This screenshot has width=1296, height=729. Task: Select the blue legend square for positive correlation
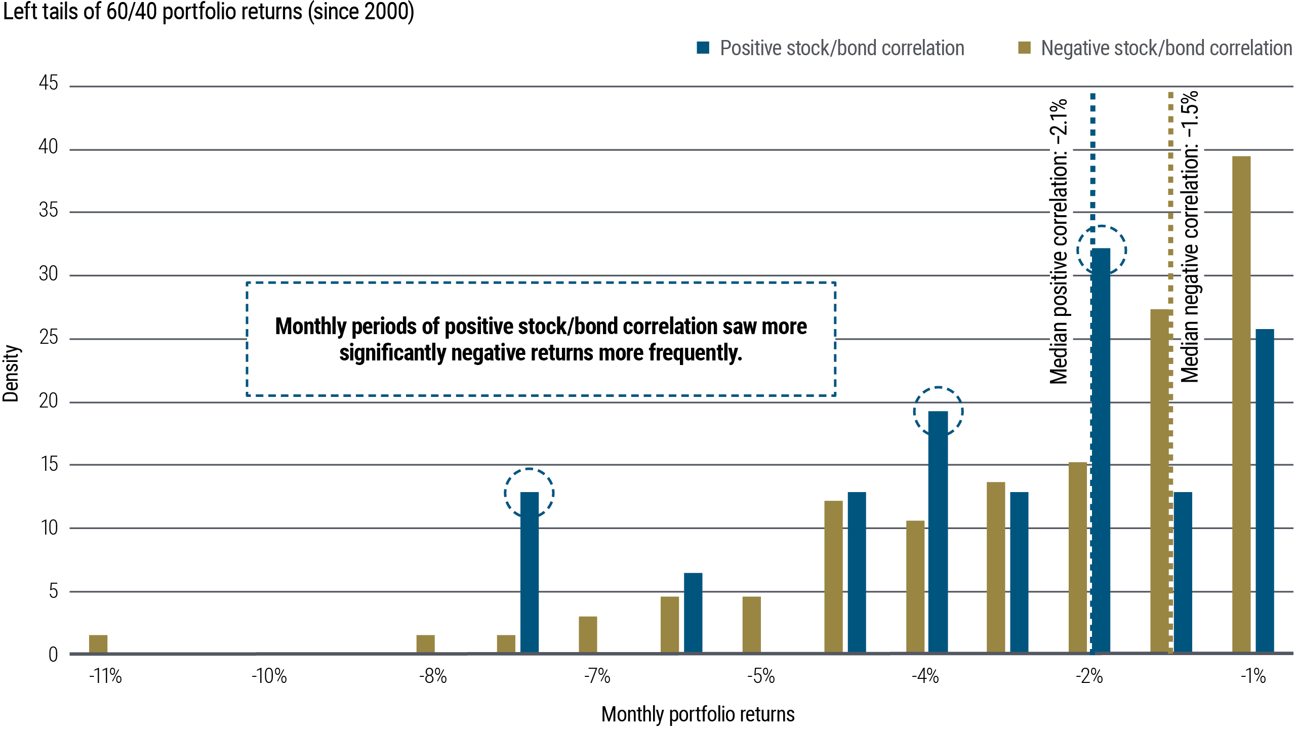(x=703, y=48)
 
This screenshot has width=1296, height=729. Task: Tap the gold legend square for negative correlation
(x=1024, y=48)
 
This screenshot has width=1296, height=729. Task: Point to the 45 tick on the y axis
(x=49, y=83)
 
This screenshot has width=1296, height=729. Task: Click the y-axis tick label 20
(x=49, y=401)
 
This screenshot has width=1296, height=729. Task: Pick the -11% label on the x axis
(x=105, y=676)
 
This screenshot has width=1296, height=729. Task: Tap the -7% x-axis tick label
(x=597, y=676)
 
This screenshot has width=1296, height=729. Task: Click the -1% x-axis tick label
(x=1253, y=676)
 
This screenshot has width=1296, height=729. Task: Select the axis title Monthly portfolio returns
(x=698, y=714)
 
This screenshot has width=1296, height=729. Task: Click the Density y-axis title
(x=11, y=374)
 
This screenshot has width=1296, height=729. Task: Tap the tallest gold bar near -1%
(x=1241, y=405)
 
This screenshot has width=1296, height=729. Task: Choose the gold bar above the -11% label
(x=98, y=643)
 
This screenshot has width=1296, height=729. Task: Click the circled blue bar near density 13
(x=530, y=572)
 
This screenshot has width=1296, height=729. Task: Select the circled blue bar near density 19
(x=938, y=532)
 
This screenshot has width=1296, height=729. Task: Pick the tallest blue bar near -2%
(x=1102, y=451)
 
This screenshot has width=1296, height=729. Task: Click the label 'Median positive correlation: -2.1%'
(x=1060, y=242)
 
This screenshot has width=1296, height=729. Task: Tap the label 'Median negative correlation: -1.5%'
(x=1192, y=237)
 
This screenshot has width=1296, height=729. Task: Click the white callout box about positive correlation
(x=541, y=339)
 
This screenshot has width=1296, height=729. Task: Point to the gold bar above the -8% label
(x=425, y=643)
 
